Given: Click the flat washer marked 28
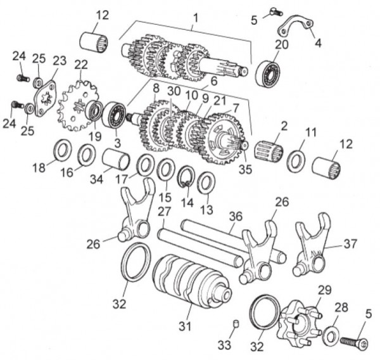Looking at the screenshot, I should [x=330, y=335].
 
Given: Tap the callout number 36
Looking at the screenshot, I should [x=234, y=215].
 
